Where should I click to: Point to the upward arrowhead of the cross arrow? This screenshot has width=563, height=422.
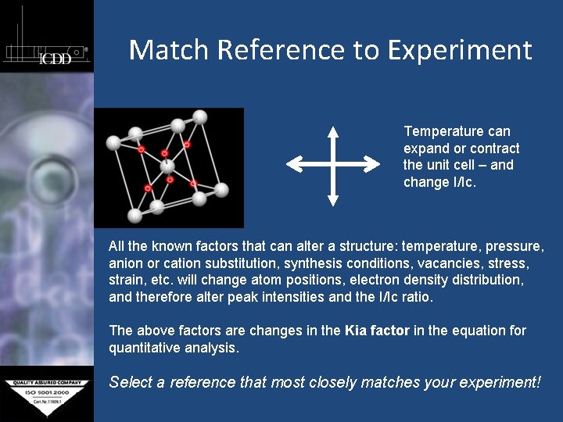[x=333, y=131]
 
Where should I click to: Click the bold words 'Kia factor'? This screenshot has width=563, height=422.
[x=377, y=331]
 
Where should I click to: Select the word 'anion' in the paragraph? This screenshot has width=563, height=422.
[x=125, y=263]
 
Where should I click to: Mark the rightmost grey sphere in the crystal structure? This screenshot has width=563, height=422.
[x=221, y=189]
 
